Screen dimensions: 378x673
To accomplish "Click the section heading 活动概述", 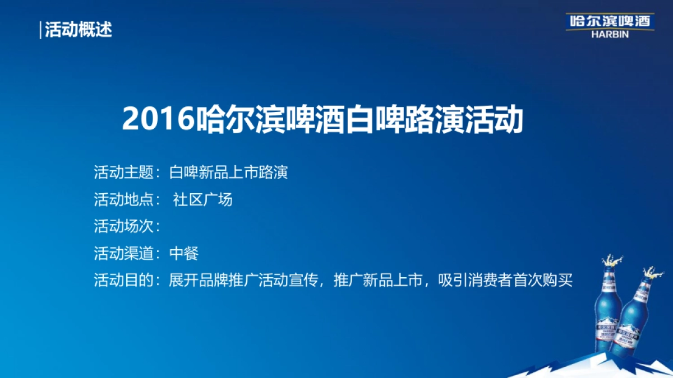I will [x=79, y=29].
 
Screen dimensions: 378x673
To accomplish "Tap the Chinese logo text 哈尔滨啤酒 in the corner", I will [x=609, y=21].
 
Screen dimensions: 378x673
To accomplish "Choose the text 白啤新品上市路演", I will [x=229, y=172].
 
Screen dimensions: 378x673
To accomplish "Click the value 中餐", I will [x=184, y=253].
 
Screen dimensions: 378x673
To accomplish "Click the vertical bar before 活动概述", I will [x=41, y=29].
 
